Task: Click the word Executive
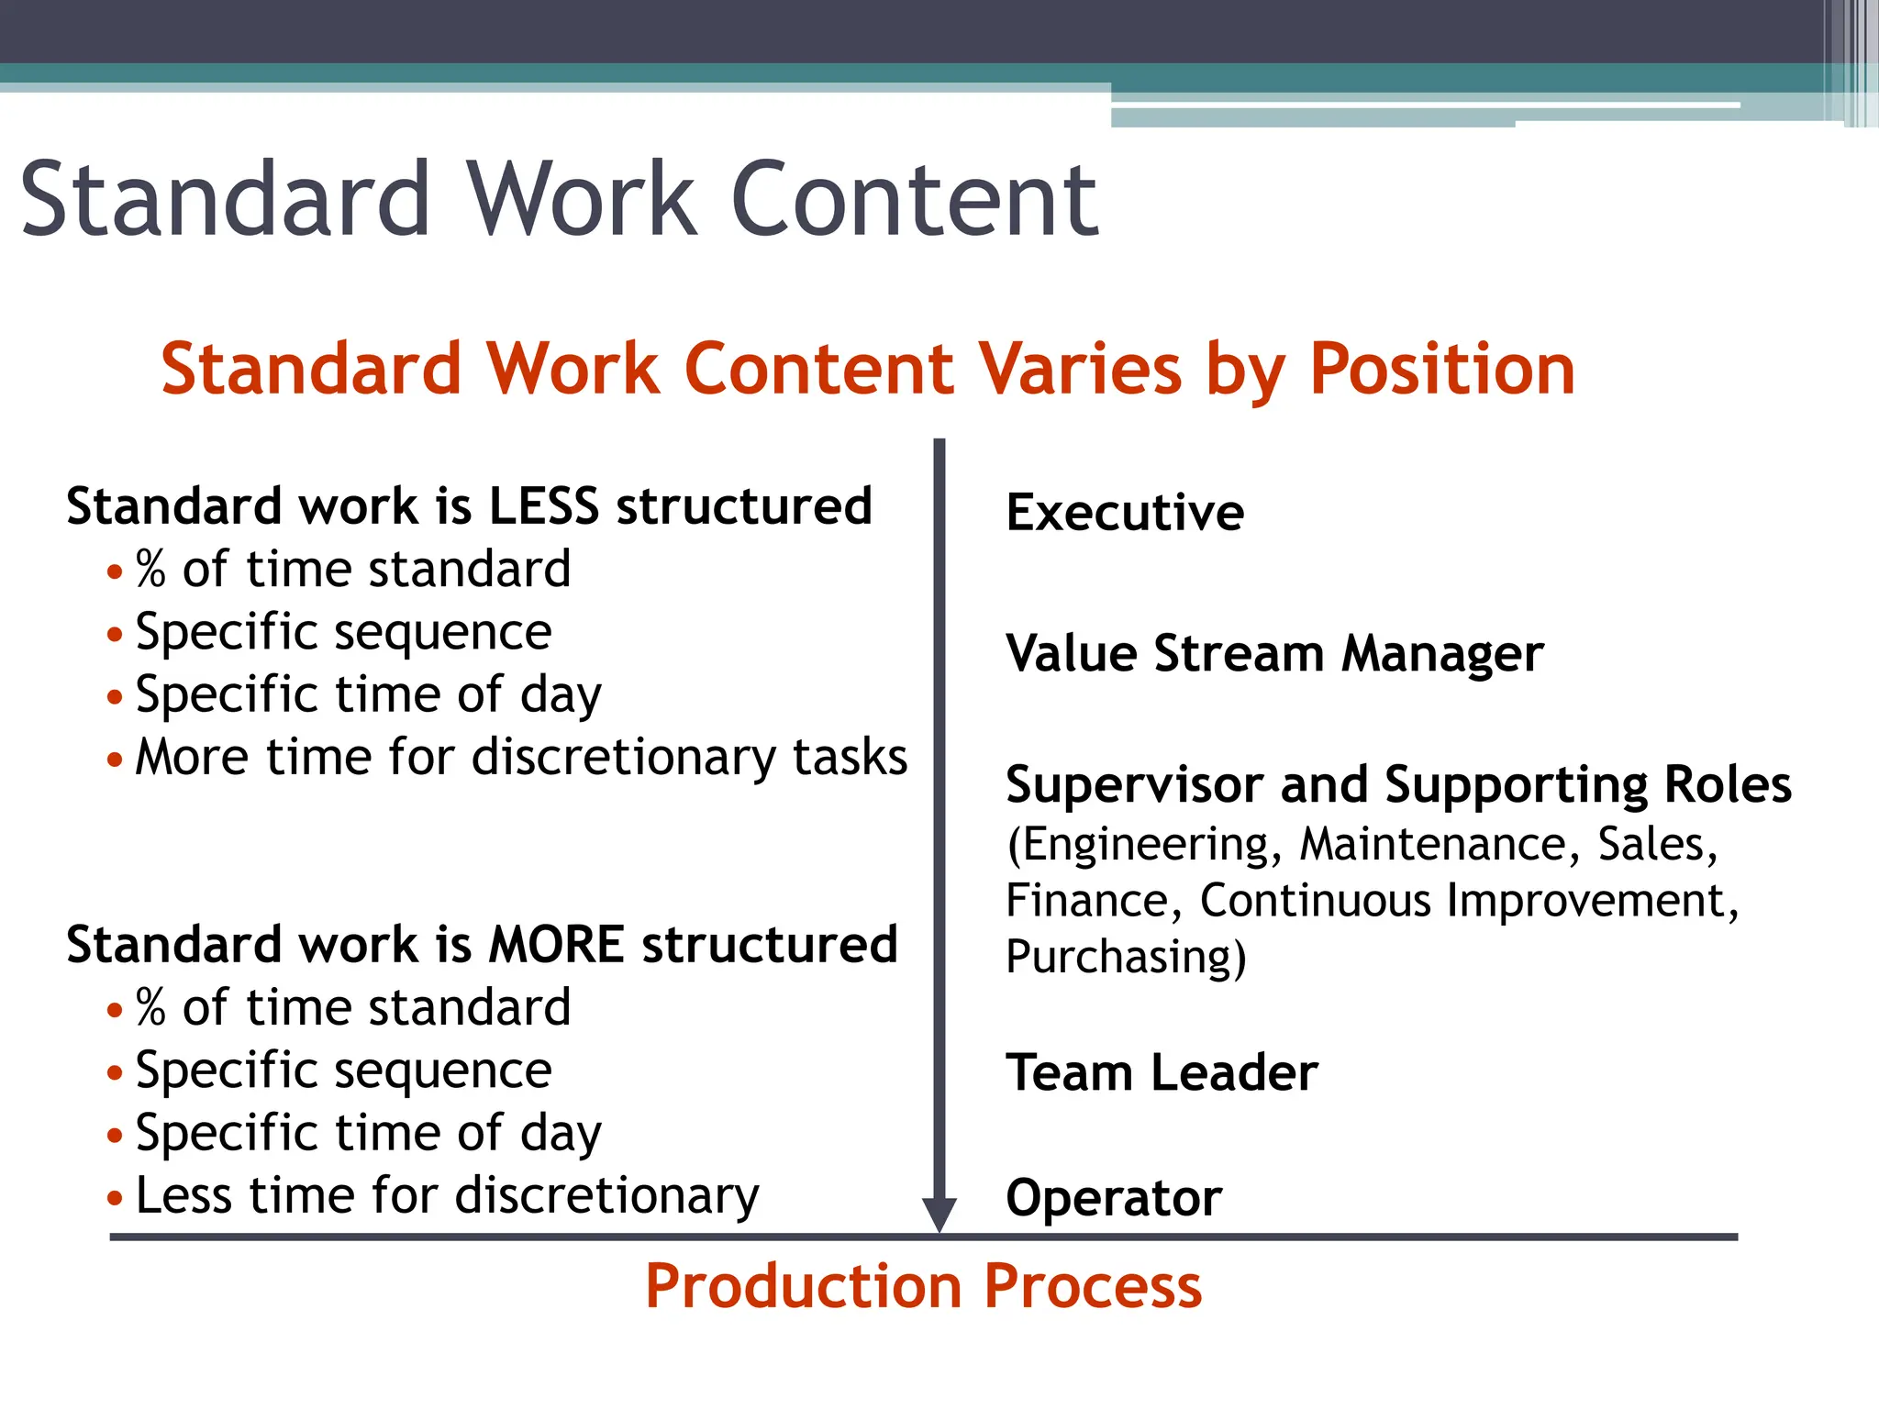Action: pos(1125,512)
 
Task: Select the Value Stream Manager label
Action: pos(1274,654)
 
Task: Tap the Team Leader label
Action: pos(1162,1072)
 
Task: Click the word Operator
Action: pos(1114,1198)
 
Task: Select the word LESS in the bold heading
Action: pos(543,506)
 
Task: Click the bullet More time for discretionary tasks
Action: pos(520,758)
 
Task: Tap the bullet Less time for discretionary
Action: pos(447,1196)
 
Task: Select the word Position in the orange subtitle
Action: pos(1441,369)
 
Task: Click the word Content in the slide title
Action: pos(914,199)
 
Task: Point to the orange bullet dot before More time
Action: pos(115,760)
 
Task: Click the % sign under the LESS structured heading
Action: pos(150,570)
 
